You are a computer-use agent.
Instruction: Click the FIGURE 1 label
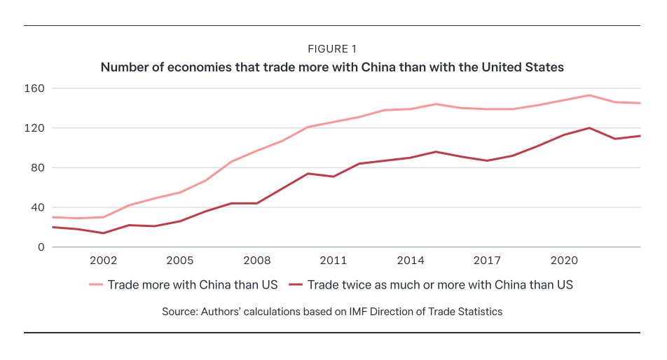click(333, 49)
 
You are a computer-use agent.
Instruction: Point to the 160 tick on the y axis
click(36, 89)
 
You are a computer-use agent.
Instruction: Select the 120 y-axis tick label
click(36, 128)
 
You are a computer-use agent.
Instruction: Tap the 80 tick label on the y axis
click(39, 168)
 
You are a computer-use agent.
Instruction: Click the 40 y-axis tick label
click(39, 207)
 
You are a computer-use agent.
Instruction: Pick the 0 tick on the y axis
click(41, 247)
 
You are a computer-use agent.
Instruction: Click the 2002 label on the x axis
click(103, 261)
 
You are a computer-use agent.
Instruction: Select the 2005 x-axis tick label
click(180, 261)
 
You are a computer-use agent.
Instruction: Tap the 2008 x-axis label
click(257, 261)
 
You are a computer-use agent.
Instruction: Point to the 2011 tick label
click(334, 261)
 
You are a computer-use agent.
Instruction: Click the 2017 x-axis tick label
click(487, 261)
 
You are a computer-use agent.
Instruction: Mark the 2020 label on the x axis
click(564, 261)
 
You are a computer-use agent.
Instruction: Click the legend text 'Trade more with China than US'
click(192, 285)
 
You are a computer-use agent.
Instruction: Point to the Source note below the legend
click(333, 312)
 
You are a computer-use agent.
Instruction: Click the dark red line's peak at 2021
click(589, 128)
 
